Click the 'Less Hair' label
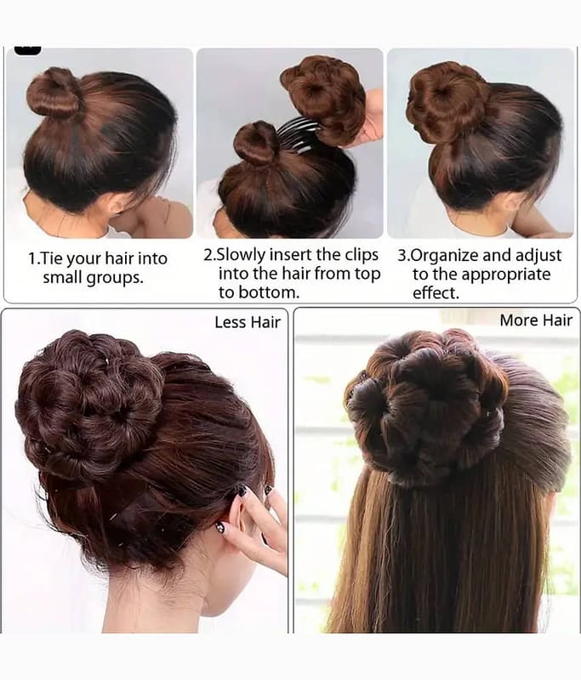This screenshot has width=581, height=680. pos(248,322)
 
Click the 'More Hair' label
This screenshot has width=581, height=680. pos(536,320)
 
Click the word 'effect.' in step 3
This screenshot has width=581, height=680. pos(436,293)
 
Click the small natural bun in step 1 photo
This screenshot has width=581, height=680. pos(54,93)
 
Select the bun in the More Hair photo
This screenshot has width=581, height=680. pos(426,408)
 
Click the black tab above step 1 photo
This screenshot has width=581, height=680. pos(28,50)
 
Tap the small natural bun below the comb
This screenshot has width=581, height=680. pos(256,144)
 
